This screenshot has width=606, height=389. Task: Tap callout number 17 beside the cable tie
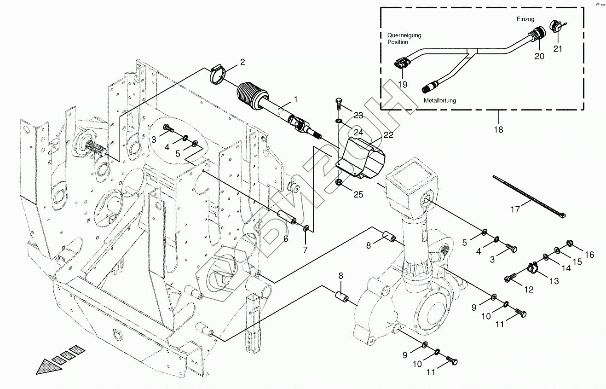click(x=515, y=209)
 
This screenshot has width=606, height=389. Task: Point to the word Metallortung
click(x=439, y=100)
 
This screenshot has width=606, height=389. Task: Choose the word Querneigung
click(x=404, y=35)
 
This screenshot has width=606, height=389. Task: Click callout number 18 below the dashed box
click(x=498, y=130)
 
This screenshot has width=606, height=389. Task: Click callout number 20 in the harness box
click(x=539, y=56)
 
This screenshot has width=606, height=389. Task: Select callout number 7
click(x=305, y=250)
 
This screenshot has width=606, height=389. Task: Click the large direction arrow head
click(x=46, y=367)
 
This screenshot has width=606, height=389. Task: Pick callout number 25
click(x=358, y=194)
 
